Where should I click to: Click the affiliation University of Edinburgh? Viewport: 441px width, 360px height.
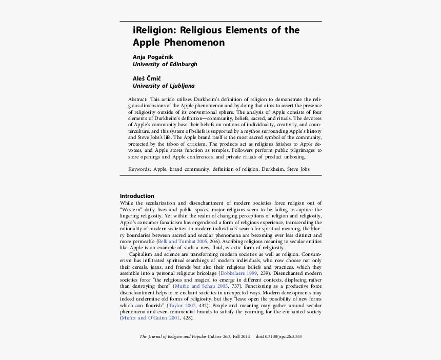pyautogui.click(x=165, y=65)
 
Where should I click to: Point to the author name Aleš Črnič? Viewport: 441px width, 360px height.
pyautogui.click(x=147, y=78)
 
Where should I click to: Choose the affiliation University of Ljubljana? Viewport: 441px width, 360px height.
pyautogui.click(x=164, y=86)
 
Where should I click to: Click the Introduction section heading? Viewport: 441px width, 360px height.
pyautogui.click(x=137, y=196)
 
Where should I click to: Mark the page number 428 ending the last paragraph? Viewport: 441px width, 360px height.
pyautogui.click(x=188, y=318)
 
